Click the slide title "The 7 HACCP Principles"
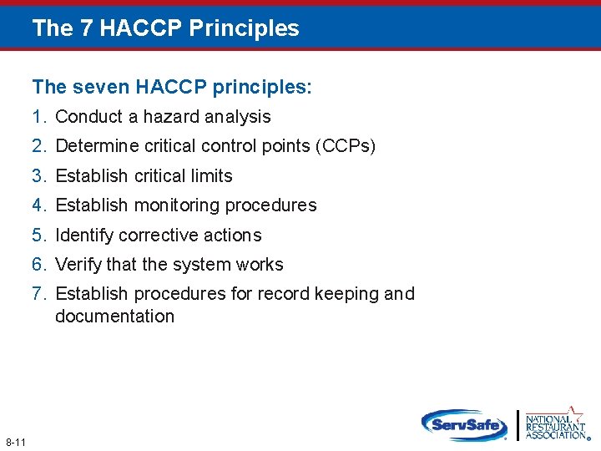165,28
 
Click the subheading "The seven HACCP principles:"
172,87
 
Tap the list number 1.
39,117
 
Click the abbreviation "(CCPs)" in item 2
346,146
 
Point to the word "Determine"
93,146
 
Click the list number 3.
39,176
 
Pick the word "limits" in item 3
210,176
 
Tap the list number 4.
39,205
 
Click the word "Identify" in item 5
83,236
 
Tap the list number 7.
39,294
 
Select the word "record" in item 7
282,294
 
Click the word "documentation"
114,317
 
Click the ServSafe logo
464,424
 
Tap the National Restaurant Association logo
555,423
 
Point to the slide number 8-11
16,442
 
